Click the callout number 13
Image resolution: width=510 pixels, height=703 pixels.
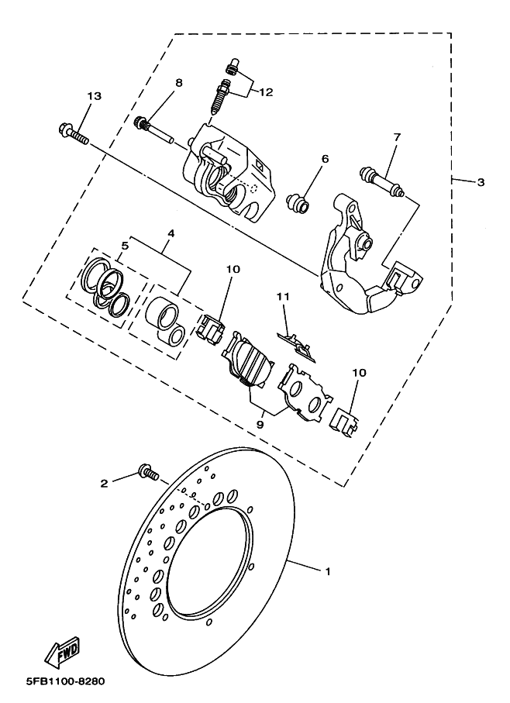(95, 96)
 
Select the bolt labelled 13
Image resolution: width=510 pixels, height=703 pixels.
(74, 134)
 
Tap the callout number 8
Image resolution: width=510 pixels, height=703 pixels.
(179, 82)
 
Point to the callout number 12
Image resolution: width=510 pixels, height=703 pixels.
(266, 92)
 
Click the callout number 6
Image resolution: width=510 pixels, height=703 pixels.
(325, 159)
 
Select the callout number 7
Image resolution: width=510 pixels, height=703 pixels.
(397, 137)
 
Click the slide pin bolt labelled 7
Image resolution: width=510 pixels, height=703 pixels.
(382, 182)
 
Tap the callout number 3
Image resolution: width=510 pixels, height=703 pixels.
(481, 182)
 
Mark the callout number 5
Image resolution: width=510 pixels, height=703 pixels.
(125, 246)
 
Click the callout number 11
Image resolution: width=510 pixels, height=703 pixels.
(283, 297)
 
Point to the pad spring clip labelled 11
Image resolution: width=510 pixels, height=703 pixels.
(296, 346)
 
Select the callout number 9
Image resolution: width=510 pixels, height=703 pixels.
(260, 423)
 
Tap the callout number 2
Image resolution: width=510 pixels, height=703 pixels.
(104, 484)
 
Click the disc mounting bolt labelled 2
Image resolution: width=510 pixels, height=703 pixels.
(149, 472)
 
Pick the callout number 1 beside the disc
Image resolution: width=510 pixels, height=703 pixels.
(328, 572)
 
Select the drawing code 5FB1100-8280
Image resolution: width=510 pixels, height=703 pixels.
(65, 681)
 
